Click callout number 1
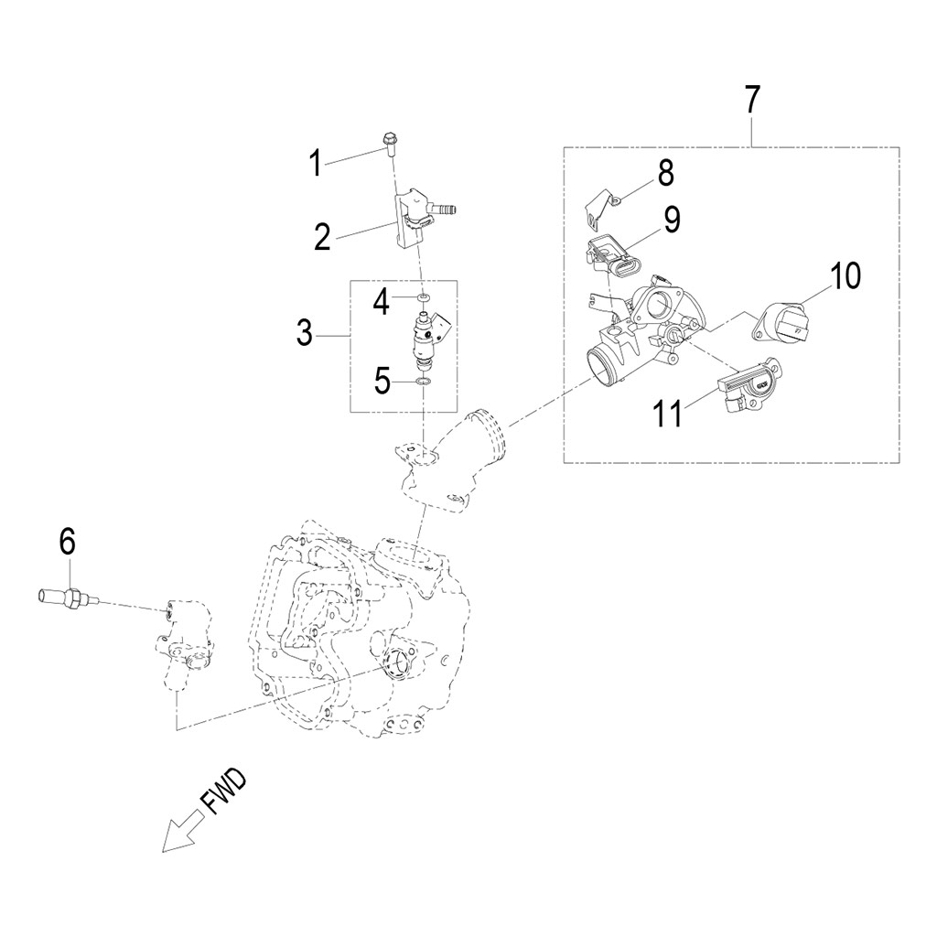tap(315, 164)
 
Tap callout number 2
tap(321, 237)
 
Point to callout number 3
tap(305, 334)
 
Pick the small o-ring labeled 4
tap(423, 299)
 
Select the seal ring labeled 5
tap(423, 380)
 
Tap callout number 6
tap(67, 542)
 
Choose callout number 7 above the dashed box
tap(751, 99)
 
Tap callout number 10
tap(845, 275)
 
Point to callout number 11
tap(667, 413)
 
